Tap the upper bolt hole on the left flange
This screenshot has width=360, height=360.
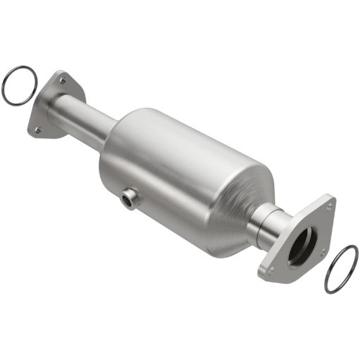[x=63, y=81]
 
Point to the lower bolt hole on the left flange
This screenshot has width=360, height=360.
[x=37, y=129]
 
